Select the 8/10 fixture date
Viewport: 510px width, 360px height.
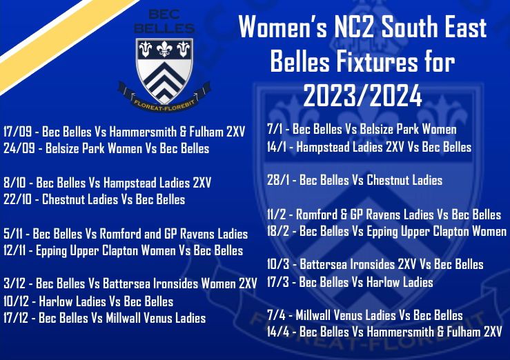click(14, 183)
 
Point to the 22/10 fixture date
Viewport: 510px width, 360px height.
click(17, 199)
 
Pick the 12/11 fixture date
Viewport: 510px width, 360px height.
click(14, 250)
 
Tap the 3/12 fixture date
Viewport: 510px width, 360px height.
click(14, 283)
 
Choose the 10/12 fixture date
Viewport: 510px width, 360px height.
click(16, 301)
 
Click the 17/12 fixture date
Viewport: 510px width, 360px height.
click(16, 318)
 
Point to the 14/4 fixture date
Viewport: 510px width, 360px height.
click(278, 332)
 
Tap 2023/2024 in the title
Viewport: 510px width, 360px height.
click(363, 96)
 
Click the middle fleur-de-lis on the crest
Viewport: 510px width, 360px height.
click(164, 49)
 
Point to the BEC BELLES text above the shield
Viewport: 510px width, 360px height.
click(164, 21)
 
